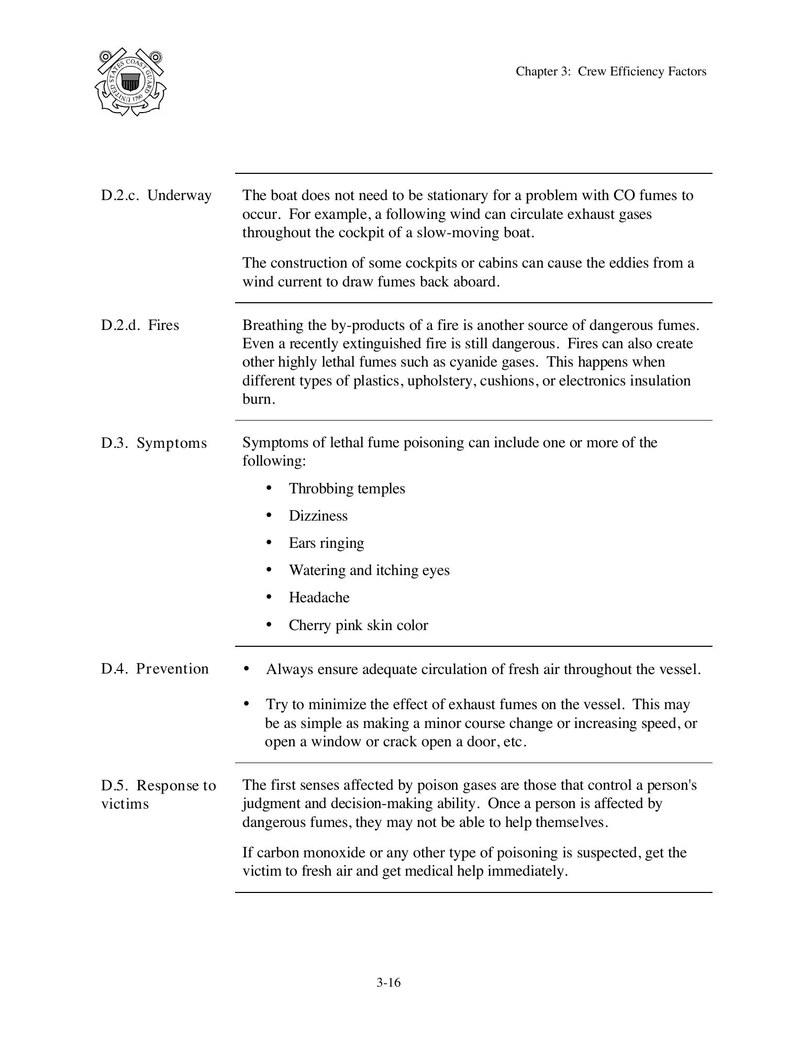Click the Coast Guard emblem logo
coord(131,82)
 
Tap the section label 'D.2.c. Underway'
coord(157,195)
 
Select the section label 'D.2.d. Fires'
coord(140,325)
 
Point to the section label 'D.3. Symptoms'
coord(154,443)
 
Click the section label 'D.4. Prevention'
coord(155,669)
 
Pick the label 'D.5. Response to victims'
coord(158,794)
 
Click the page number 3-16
coord(388,983)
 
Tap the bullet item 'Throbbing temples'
coord(347,489)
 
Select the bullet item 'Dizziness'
coord(318,516)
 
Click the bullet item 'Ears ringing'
coord(326,543)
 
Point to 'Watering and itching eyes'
coord(369,570)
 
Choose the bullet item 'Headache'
coord(319,598)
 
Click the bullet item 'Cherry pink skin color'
coord(358,625)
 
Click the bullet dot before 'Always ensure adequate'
coord(247,669)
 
